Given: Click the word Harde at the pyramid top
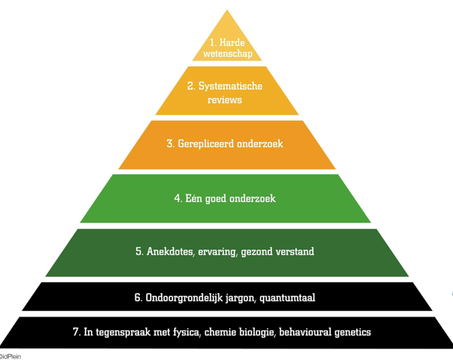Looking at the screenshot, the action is (232, 43).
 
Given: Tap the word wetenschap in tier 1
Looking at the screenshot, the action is (228, 54).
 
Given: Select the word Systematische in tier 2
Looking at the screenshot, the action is (230, 86).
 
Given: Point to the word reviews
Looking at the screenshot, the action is (225, 100).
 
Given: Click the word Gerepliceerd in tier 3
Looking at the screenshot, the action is (202, 144).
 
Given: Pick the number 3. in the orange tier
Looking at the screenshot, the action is (170, 143).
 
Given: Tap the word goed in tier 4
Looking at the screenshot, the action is (216, 198).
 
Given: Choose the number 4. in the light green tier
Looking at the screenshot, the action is (178, 198).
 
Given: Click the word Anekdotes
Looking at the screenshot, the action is (171, 252).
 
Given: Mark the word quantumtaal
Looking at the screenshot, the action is (287, 298).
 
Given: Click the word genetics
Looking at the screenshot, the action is (353, 333).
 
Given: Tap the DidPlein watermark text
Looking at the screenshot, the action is (10, 356).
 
